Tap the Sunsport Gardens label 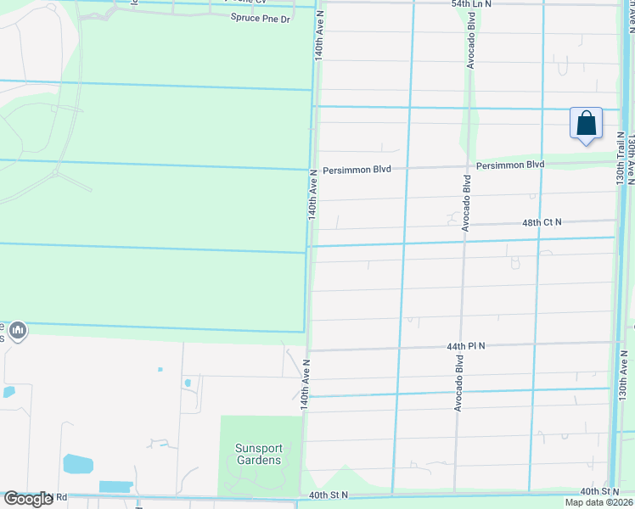tap(258, 454)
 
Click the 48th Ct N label tap(542, 222)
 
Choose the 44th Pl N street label tap(466, 346)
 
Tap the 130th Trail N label tap(621, 159)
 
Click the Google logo tap(28, 498)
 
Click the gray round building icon tap(19, 329)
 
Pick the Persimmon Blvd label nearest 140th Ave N tap(357, 170)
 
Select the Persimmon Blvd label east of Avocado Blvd tap(509, 165)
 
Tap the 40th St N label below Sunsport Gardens tap(329, 495)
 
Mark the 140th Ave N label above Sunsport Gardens tap(305, 385)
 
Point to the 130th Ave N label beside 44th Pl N tap(622, 373)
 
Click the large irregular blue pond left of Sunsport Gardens tap(76, 463)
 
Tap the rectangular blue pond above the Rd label tap(116, 487)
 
